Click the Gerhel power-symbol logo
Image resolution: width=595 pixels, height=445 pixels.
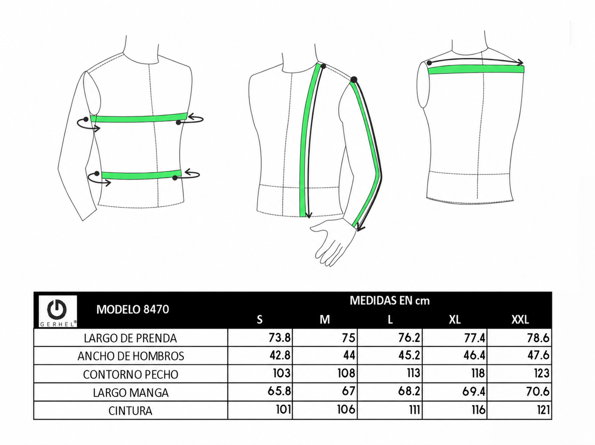pos(58,311)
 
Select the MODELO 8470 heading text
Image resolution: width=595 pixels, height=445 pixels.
pos(132,309)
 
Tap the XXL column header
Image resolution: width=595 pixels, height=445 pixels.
pos(520,320)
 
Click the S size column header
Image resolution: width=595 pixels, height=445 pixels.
pos(260,320)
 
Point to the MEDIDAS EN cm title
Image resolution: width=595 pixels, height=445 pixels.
pos(390,301)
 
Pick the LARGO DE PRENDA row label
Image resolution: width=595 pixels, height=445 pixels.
pos(130,338)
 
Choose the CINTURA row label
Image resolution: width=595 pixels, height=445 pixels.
pos(130,411)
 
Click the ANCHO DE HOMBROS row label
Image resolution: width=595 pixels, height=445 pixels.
pos(131,356)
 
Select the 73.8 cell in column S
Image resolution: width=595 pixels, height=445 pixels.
pos(280,338)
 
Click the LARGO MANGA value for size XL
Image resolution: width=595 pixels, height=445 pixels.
pos(474,391)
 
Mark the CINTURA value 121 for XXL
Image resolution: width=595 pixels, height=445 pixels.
pos(543,410)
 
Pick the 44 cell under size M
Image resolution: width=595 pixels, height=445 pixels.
pos(349,355)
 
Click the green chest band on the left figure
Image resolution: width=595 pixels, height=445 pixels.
pos(139,118)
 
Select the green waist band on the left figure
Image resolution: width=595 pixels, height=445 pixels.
pos(141,174)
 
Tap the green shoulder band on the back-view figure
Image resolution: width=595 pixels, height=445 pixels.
pos(476,69)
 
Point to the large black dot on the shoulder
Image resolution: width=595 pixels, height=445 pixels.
pos(354,79)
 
